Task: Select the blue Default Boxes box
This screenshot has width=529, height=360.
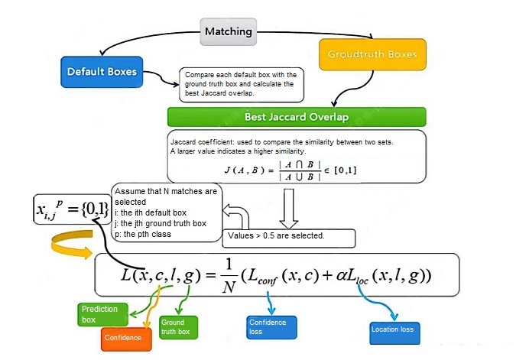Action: [102, 73]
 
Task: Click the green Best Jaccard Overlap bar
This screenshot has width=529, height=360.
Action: [296, 117]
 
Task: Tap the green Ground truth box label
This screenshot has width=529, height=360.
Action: [178, 327]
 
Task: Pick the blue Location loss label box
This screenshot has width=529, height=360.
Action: [391, 329]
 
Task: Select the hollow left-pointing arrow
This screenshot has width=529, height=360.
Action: [236, 217]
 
